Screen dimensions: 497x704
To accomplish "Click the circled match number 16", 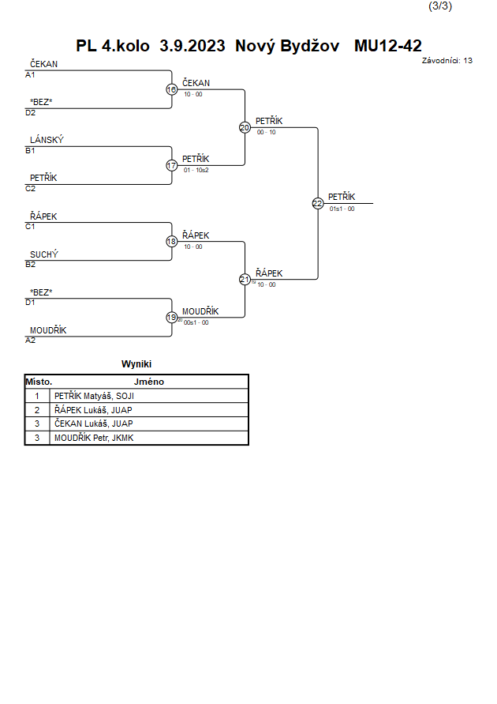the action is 172,90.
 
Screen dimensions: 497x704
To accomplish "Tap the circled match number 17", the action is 172,166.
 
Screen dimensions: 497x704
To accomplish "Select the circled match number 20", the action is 245,127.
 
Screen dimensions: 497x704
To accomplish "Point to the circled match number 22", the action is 318,203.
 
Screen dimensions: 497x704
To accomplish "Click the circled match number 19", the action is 172,318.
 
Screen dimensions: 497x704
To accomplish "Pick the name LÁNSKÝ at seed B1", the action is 47,140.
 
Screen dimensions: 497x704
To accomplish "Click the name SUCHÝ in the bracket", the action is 44,254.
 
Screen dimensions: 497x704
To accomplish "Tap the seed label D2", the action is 31,113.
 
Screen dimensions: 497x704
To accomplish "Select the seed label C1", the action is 30,227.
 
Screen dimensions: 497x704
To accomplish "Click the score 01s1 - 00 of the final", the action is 342,209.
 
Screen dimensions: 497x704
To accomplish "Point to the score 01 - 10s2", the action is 196,170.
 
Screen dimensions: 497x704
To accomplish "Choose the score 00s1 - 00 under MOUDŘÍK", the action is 196,322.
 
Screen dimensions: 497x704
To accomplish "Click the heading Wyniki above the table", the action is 136,363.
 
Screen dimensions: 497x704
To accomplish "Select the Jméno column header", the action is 149,382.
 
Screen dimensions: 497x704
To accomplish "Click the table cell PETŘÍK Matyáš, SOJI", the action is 94,396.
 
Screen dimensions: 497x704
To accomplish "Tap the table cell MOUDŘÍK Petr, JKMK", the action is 94,438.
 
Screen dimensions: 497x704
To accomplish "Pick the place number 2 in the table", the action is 37,410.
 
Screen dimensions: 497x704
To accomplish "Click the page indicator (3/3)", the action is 440,6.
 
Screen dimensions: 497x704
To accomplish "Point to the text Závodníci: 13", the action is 447,61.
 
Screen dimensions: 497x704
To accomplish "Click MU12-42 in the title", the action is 388,46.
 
